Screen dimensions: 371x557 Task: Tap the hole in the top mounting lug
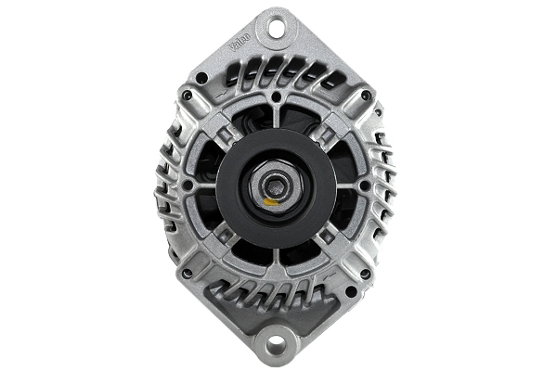coord(277,28)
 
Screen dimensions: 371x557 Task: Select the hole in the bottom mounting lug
coord(277,345)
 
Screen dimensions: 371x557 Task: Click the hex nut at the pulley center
coord(276,184)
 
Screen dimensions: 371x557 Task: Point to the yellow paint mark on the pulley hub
coord(270,198)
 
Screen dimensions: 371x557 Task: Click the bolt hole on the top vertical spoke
coord(277,96)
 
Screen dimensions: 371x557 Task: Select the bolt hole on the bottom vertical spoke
coord(277,275)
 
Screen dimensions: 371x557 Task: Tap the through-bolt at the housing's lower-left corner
coord(188,275)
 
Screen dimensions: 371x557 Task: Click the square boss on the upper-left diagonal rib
coord(225,134)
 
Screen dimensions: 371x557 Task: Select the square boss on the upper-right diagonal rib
coord(327,134)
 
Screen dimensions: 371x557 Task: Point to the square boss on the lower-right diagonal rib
coord(327,237)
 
